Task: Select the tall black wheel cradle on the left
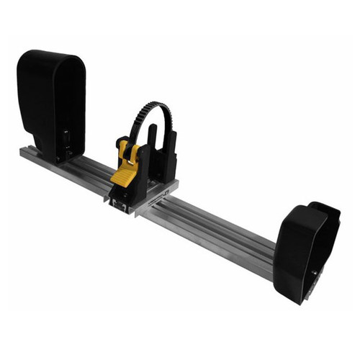coord(51,101)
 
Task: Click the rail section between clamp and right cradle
coord(216,230)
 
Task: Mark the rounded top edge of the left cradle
coord(50,54)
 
